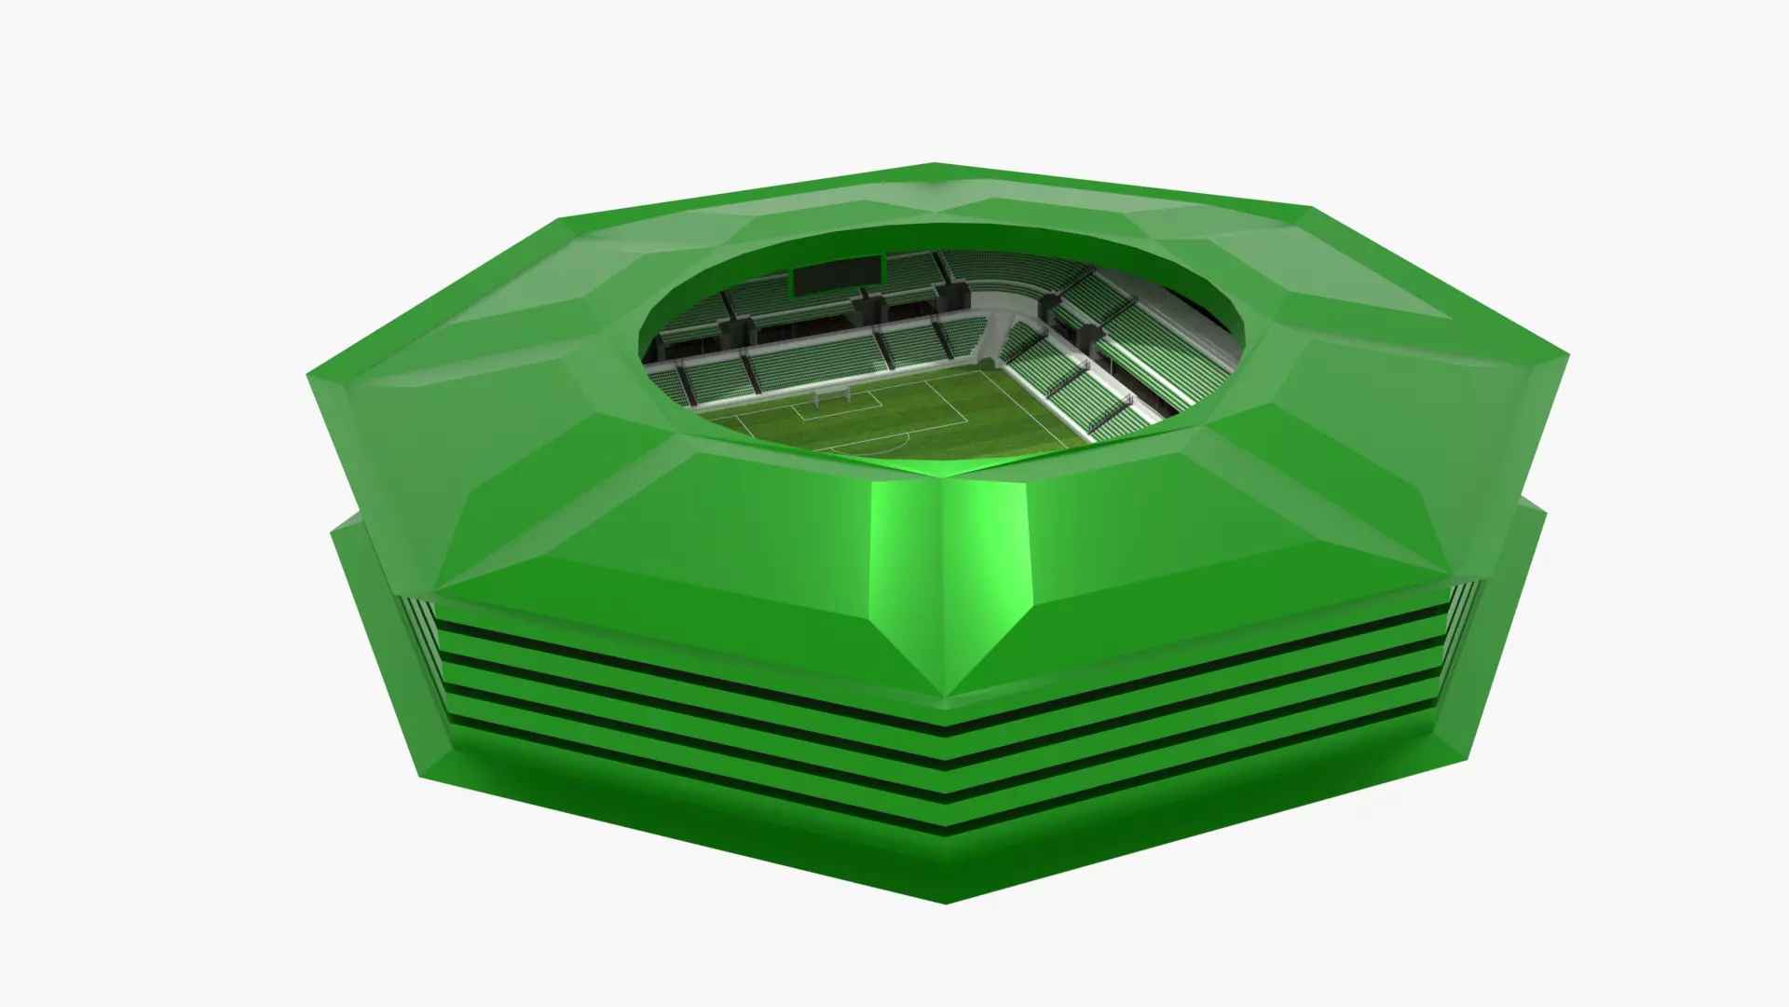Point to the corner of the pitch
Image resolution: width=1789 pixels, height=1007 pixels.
point(992,366)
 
